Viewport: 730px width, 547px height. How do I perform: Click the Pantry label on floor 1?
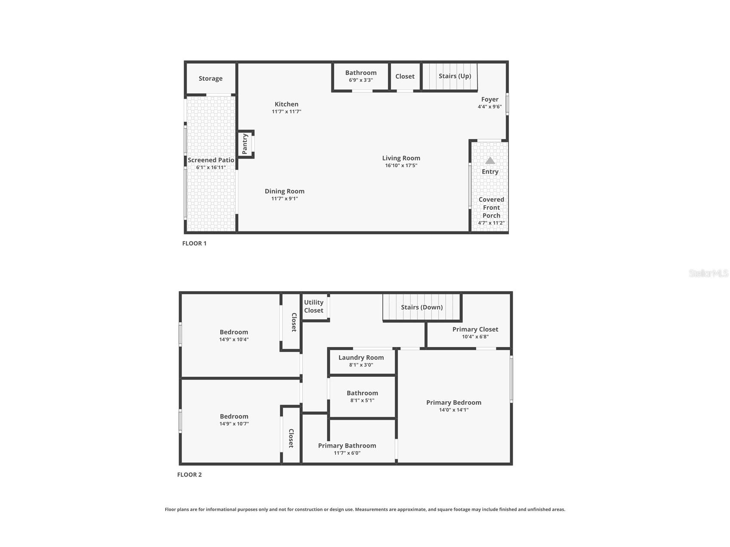tap(245, 144)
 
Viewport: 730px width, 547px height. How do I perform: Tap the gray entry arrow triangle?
tap(490, 161)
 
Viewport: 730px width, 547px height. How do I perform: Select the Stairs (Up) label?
tap(455, 76)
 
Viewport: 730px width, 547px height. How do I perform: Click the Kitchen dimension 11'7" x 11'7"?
tap(286, 112)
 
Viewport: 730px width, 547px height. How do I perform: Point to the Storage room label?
tap(210, 78)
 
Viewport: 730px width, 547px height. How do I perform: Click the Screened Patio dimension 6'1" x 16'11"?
tap(211, 168)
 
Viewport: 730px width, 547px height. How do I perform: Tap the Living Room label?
tap(401, 158)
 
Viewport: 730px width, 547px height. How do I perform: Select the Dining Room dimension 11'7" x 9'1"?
tap(284, 199)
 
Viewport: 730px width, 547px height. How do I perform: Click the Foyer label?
tap(490, 99)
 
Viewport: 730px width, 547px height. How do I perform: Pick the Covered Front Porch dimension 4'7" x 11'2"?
tap(491, 223)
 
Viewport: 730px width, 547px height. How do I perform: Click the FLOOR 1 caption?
tap(194, 243)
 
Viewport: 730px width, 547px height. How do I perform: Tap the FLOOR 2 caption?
tap(189, 475)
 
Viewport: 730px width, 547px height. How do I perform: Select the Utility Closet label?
tap(314, 306)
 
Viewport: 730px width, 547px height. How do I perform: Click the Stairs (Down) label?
tap(422, 307)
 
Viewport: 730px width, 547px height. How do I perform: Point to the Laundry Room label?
tap(361, 357)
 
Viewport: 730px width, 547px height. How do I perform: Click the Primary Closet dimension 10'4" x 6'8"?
tap(475, 337)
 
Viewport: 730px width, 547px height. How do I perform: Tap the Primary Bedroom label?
tap(453, 403)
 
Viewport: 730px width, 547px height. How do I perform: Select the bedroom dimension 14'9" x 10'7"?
tap(234, 424)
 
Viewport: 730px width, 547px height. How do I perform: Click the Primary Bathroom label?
tap(347, 446)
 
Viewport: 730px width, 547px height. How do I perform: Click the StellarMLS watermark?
tap(708, 273)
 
